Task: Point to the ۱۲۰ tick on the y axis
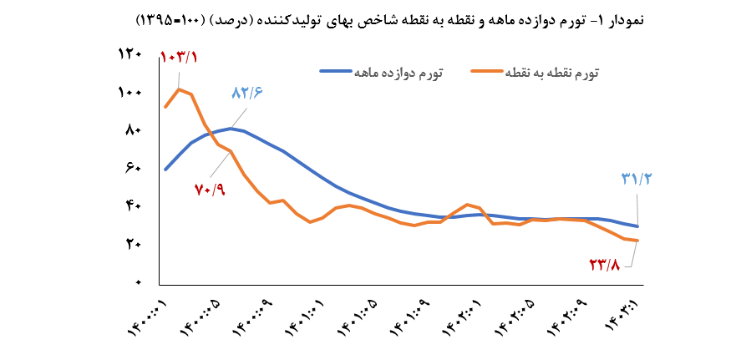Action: [x=132, y=54]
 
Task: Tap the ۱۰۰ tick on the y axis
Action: [x=132, y=93]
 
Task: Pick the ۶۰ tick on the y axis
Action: [x=134, y=169]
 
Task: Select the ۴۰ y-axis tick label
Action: [x=134, y=207]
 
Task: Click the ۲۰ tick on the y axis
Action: [x=134, y=245]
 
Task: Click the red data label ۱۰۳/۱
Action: [x=178, y=58]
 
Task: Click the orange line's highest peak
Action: [x=179, y=89]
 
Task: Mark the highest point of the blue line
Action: [x=231, y=129]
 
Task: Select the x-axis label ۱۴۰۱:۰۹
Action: [x=414, y=320]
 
